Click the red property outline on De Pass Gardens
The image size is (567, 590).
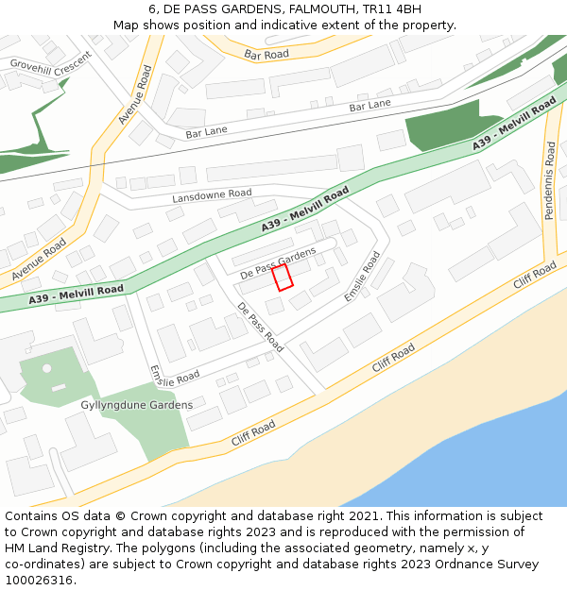pos(283,277)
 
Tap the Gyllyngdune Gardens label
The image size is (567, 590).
pos(137,405)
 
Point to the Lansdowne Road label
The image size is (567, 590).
pos(212,195)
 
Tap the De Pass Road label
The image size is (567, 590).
pos(260,327)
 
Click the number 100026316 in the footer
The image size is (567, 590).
pos(35,581)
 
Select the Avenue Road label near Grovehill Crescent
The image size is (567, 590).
pos(135,95)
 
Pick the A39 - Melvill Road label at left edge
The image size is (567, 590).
pos(76,295)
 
